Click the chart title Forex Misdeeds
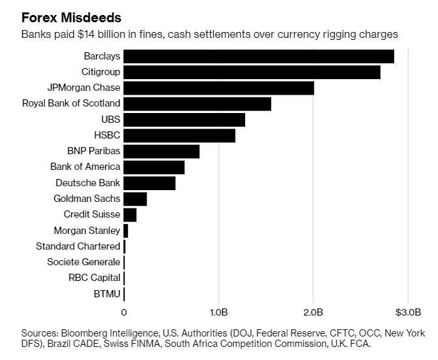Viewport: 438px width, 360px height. click(71, 18)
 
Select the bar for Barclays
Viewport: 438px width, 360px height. click(258, 56)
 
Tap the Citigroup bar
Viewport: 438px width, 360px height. click(252, 73)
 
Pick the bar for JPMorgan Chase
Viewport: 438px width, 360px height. click(218, 88)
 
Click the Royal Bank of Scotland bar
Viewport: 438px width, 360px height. click(197, 104)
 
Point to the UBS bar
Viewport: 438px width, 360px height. click(184, 120)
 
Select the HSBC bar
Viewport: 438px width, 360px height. click(179, 135)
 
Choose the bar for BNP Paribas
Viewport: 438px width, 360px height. click(161, 152)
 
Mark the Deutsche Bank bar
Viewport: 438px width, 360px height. click(149, 183)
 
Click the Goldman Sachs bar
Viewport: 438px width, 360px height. click(135, 199)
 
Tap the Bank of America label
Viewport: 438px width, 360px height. click(85, 167)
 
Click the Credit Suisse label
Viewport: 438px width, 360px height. click(92, 214)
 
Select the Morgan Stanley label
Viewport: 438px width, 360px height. click(87, 231)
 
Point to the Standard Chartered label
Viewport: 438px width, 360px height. click(78, 246)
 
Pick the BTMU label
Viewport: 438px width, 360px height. click(107, 294)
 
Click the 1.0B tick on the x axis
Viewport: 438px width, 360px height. click(218, 310)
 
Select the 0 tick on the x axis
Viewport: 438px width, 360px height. click(124, 311)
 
